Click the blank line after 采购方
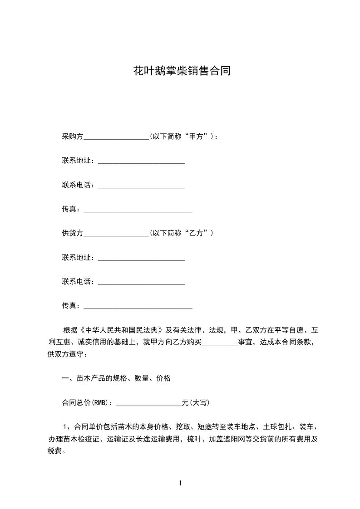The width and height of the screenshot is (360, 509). tap(116, 137)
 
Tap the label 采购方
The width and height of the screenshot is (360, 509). tap(73, 137)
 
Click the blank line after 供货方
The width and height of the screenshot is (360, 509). tap(116, 234)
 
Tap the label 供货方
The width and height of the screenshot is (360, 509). tap(73, 233)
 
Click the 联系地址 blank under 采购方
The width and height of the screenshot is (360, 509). tap(142, 162)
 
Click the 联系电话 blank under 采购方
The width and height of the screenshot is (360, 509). tap(142, 186)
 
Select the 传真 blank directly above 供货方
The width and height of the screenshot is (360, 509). tap(138, 210)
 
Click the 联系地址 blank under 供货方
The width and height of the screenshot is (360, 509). tap(142, 258)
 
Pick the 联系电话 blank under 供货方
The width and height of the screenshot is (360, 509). tap(142, 282)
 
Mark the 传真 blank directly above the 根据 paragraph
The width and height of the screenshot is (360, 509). tap(138, 306)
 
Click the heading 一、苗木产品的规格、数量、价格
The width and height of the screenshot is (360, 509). tap(116, 378)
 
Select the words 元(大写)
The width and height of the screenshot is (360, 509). tap(196, 403)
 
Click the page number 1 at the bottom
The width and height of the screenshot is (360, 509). tap(180, 484)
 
